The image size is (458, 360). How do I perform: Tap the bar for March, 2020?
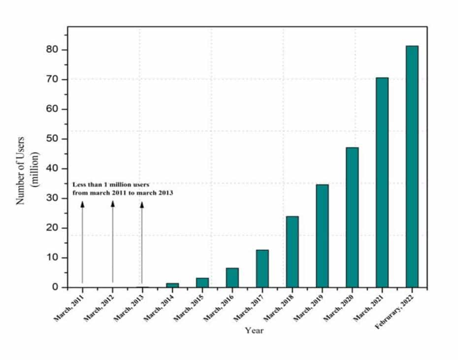pos(352,217)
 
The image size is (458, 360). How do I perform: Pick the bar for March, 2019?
pos(322,236)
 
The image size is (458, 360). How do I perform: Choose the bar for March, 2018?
pos(292,252)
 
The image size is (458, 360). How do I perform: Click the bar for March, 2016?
pos(232,278)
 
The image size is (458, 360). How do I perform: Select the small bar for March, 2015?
pos(202,283)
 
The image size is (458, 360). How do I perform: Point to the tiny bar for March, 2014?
pos(172,285)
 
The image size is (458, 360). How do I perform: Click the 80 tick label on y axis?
pos(52,50)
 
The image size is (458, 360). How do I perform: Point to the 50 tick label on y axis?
pos(52,139)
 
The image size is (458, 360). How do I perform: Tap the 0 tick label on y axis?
pos(55,288)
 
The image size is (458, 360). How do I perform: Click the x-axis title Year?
pos(254,330)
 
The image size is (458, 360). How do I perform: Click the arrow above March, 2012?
pos(112,241)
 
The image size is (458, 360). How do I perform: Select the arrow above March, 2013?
pos(142,241)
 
